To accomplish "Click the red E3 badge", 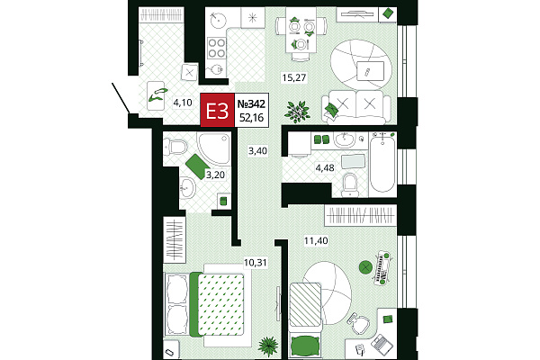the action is tap(217, 110).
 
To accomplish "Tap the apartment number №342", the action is tap(251, 103).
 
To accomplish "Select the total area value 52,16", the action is tap(251, 118).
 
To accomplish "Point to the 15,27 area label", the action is tap(294, 77).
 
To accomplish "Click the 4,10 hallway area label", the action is tap(183, 103).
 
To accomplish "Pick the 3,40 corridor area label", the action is tap(258, 151).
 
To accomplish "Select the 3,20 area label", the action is tap(215, 175).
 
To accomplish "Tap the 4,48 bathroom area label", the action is tap(325, 167).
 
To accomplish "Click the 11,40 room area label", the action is tap(316, 240).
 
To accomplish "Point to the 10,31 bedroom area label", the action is tap(256, 263).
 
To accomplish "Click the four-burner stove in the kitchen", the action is tap(217, 48).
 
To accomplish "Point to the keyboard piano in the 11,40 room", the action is tap(383, 267).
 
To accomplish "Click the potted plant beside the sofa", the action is tap(297, 111).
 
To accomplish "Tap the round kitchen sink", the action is tap(218, 19).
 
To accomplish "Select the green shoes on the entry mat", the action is tap(157, 95).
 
